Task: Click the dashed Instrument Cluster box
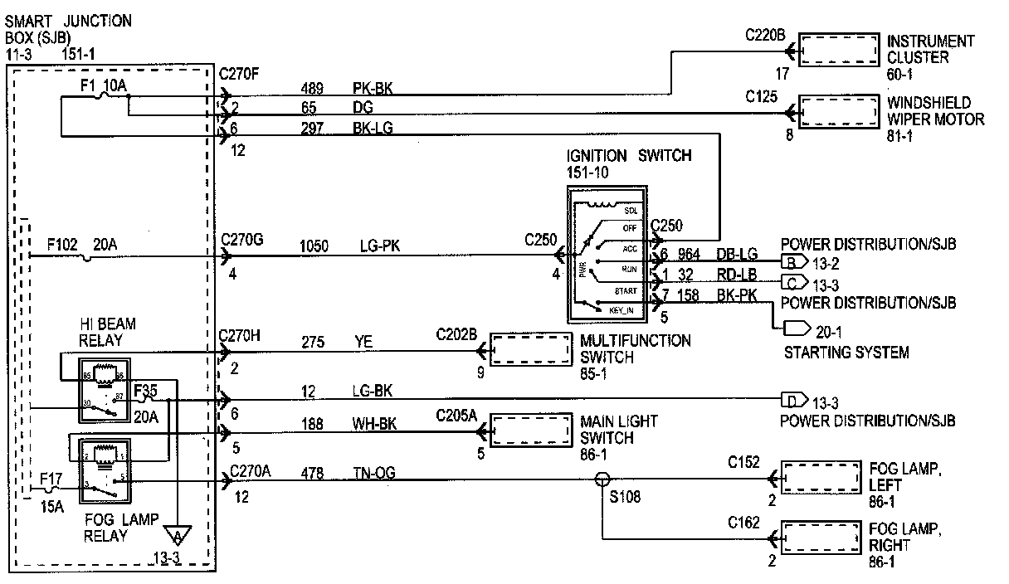(x=838, y=50)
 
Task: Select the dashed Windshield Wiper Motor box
(x=838, y=110)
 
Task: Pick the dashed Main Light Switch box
(x=531, y=429)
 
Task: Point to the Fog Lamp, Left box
(x=820, y=479)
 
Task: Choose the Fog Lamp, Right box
(x=820, y=538)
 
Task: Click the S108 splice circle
(x=603, y=479)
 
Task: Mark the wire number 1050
(x=313, y=246)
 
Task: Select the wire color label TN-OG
(x=374, y=474)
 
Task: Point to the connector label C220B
(x=765, y=35)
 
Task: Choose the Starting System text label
(x=846, y=353)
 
